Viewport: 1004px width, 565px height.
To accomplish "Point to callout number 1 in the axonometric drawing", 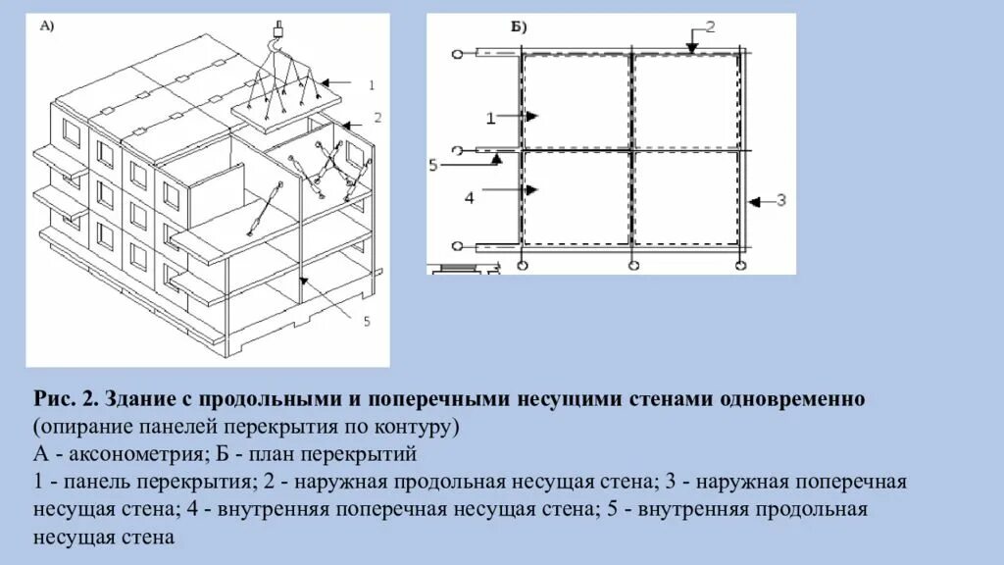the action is pyautogui.click(x=372, y=85).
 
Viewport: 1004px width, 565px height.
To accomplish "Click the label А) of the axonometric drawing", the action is pyautogui.click(x=47, y=27).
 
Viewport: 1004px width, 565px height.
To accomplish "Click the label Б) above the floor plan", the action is pyautogui.click(x=516, y=27).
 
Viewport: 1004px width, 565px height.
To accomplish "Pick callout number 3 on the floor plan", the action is pyautogui.click(x=780, y=201).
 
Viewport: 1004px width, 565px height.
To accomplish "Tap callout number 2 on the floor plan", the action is pyautogui.click(x=711, y=26).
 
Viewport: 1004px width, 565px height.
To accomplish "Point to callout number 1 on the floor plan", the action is pyautogui.click(x=490, y=118).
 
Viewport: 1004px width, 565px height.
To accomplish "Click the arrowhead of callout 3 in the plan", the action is pyautogui.click(x=752, y=202).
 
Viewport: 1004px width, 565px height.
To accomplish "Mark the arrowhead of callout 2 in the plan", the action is pyautogui.click(x=691, y=48).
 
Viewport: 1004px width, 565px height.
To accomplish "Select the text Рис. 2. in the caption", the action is pyautogui.click(x=66, y=400).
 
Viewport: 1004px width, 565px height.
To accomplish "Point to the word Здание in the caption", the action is pyautogui.click(x=147, y=400).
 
